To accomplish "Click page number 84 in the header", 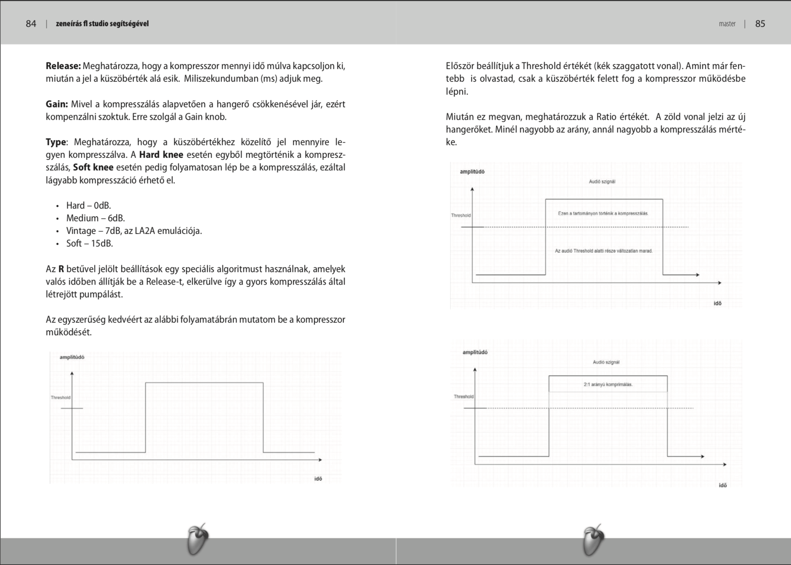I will point(31,24).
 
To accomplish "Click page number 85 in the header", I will point(760,24).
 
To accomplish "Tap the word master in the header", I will point(727,24).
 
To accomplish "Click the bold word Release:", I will point(63,66).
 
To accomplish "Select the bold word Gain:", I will point(57,104).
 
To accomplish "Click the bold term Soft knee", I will point(93,168).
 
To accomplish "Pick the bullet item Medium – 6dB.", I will point(95,218).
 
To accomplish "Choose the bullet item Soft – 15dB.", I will point(90,244).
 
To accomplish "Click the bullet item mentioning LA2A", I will point(134,231).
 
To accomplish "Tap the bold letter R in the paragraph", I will point(61,269).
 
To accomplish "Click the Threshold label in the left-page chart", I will point(61,397).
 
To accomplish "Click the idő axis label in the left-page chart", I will point(318,479).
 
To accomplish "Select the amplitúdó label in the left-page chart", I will point(72,357).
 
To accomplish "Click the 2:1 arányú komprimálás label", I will point(608,385).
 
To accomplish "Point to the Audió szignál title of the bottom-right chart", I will point(606,362).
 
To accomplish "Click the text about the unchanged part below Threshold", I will point(603,251).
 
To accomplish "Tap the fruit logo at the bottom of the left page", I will point(198,540).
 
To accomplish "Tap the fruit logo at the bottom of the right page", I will point(593,540).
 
